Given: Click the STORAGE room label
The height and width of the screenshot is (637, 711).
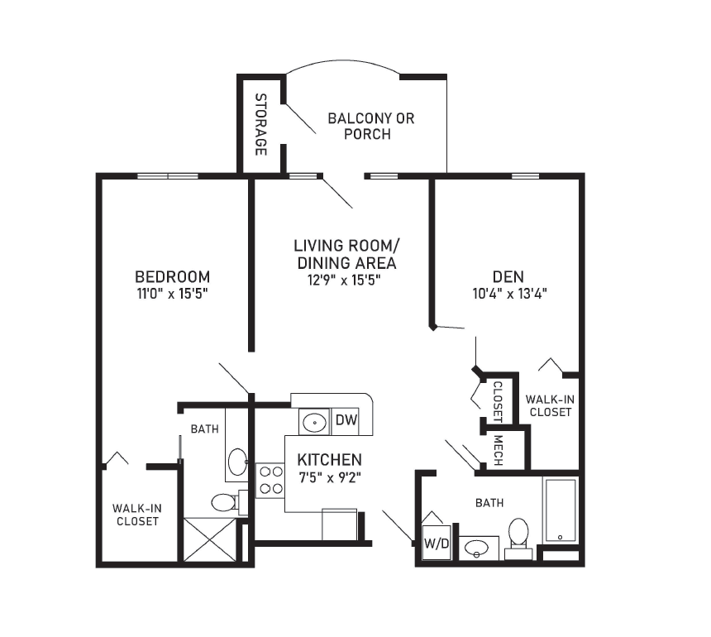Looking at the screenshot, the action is coord(260,124).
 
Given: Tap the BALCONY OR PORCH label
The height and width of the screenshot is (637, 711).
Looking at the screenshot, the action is coord(370,126).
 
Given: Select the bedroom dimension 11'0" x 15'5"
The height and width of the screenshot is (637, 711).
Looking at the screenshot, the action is coord(172,294).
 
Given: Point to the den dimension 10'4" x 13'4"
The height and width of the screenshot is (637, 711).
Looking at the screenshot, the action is coord(509,294).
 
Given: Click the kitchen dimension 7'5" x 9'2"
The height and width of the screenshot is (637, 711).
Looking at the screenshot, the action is coord(330,477).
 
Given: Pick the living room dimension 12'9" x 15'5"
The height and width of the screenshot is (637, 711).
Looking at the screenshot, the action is coord(344,280).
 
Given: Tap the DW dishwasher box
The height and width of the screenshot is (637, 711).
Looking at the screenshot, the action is coord(346,419).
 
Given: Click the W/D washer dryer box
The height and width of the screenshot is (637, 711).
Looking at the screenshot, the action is coord(437,543).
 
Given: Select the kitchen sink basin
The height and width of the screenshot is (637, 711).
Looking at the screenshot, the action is coord(314,422).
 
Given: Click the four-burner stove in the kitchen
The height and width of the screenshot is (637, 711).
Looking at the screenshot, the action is coord(270,481).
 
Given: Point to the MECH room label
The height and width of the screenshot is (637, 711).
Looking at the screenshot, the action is coord(498,450).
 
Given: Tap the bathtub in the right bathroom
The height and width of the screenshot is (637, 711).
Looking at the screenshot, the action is coord(561,510).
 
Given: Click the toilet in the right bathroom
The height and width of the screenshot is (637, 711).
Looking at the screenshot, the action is coord(518,538).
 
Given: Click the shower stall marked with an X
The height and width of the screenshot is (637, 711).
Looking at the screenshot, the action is coord(210,540).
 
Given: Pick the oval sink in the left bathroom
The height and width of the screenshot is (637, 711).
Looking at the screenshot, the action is coord(237,462).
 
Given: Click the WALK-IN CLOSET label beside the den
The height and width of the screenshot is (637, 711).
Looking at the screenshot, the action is coord(550,405).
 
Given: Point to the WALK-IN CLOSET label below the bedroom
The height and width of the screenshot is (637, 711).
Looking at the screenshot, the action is coord(137,515).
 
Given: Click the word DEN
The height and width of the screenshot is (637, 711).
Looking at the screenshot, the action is coord(508,276).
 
